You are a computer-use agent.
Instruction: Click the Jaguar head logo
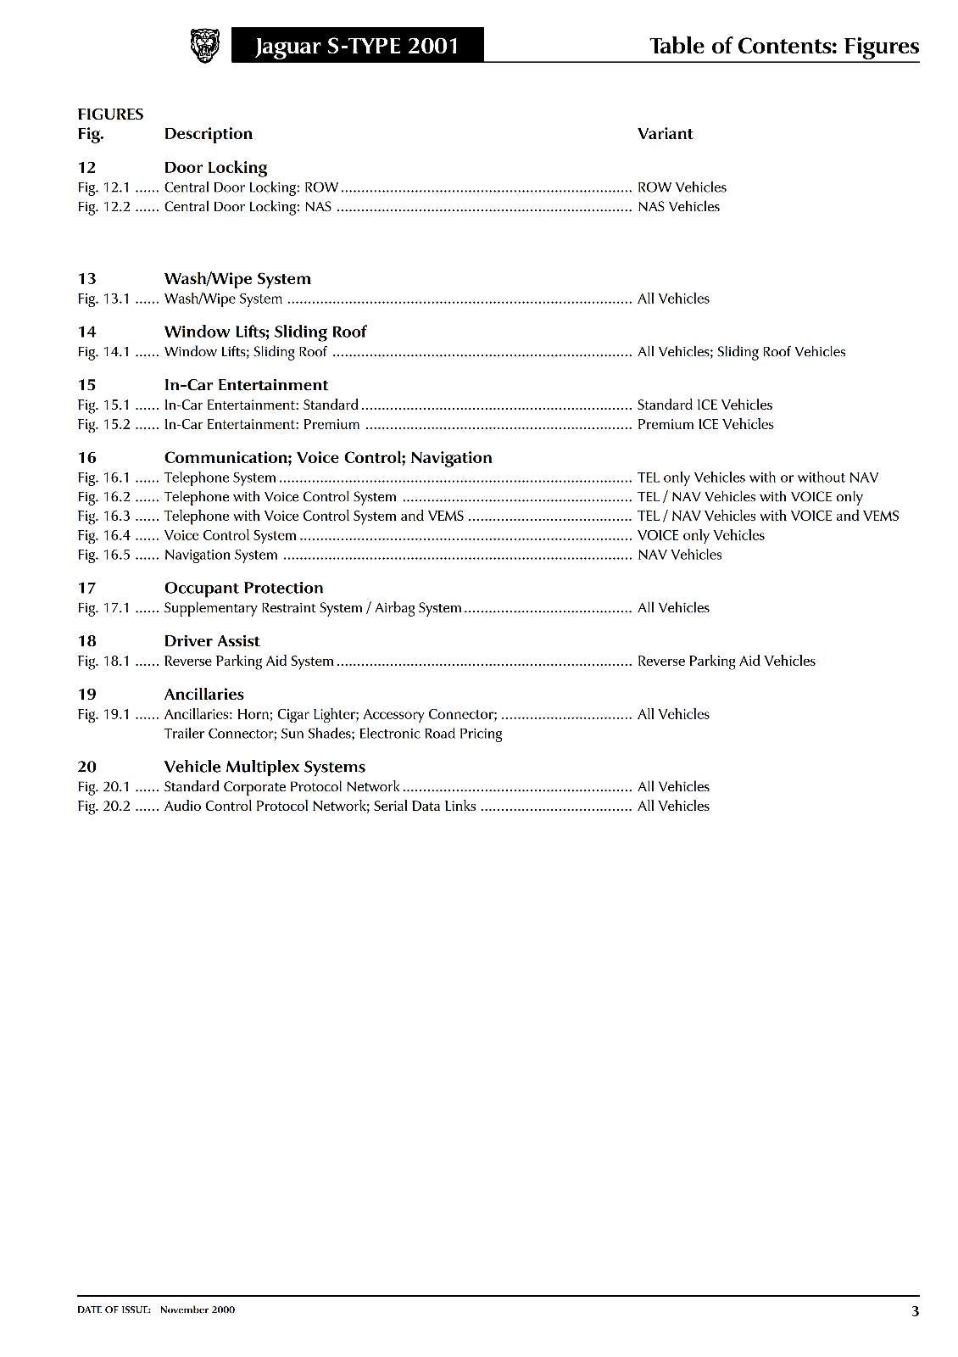[204, 46]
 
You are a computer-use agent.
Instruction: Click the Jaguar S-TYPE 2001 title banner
[357, 46]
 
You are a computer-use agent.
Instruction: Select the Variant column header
[665, 134]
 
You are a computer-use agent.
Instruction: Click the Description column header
[208, 134]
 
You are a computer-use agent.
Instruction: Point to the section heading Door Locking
[215, 168]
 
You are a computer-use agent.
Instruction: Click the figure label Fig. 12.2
[103, 207]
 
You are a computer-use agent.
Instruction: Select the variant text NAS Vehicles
[678, 207]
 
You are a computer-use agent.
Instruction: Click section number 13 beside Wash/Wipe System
[86, 279]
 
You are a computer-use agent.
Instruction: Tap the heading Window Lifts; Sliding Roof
[265, 332]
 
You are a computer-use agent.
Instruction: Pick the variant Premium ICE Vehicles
[705, 425]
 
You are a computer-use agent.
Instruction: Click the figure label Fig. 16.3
[103, 517]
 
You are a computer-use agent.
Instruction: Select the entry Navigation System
[220, 556]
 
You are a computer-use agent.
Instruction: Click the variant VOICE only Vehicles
[700, 536]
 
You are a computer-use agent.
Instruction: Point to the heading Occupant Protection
[243, 589]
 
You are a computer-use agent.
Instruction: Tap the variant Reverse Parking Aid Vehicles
[726, 662]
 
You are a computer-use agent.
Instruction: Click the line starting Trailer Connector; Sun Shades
[332, 734]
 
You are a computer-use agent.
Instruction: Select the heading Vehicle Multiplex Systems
[265, 768]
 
